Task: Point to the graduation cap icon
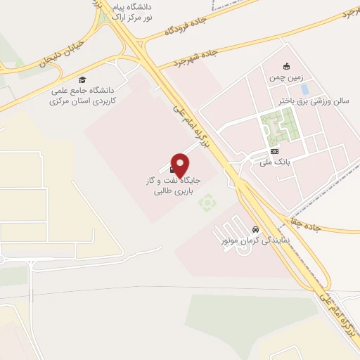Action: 82,80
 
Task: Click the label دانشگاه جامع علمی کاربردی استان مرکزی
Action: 82,96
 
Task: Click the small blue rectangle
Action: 304,90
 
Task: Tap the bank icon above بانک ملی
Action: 274,151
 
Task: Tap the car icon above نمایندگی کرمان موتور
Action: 256,229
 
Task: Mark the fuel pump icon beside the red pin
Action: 172,169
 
